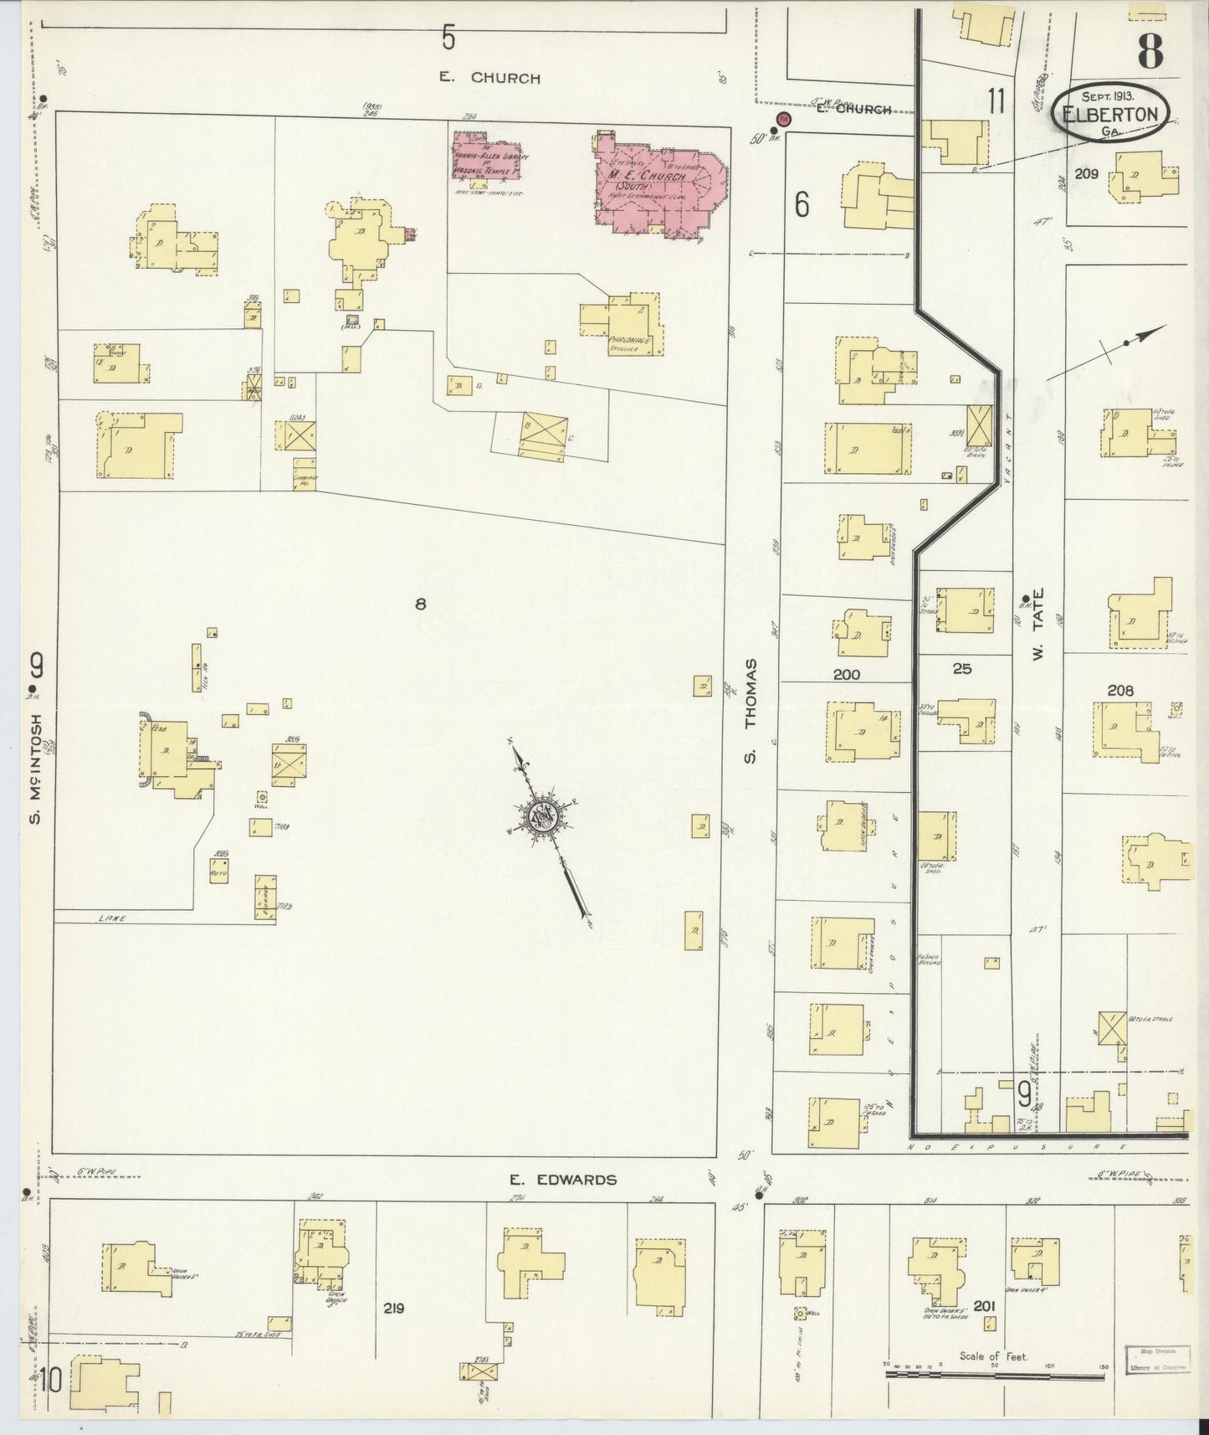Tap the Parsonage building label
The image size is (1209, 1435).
pyautogui.click(x=623, y=341)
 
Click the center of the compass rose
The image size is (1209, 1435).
pyautogui.click(x=545, y=816)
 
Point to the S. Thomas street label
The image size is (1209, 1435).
pyautogui.click(x=751, y=711)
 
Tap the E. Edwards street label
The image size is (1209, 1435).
pyautogui.click(x=563, y=1180)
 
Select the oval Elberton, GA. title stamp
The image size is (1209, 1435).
pyautogui.click(x=1111, y=116)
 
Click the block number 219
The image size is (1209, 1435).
pyautogui.click(x=392, y=1307)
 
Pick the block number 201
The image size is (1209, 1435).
pyautogui.click(x=985, y=1306)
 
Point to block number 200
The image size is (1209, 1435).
pyautogui.click(x=846, y=674)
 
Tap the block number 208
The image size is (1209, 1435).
pyautogui.click(x=1119, y=691)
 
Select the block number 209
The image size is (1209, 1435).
pyautogui.click(x=1088, y=175)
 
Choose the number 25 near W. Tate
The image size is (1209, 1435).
pyautogui.click(x=962, y=669)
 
